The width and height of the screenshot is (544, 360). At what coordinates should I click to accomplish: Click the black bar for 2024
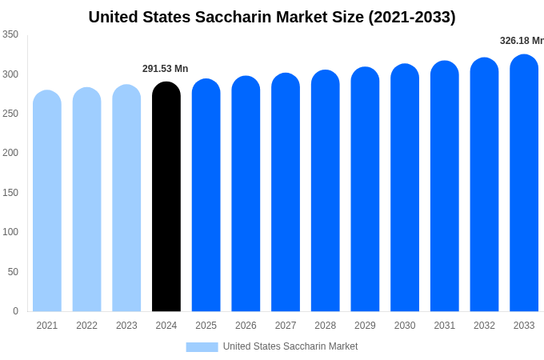coord(166,197)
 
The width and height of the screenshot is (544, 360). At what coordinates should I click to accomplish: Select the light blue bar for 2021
coord(47,201)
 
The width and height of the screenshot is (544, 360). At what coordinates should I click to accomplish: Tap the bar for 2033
coord(524,183)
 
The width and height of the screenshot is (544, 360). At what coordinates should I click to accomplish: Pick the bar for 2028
coord(326,191)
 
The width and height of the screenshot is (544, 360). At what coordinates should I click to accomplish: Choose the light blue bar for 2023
coord(126,198)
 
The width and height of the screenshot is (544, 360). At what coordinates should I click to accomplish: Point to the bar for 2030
coord(405,188)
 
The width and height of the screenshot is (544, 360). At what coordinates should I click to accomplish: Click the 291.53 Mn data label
coord(166,69)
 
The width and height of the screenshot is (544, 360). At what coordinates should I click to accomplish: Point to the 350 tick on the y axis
coord(10,34)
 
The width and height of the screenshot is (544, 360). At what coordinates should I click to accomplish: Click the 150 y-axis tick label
coord(10,193)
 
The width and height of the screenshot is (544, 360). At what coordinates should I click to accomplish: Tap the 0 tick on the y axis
coord(15,311)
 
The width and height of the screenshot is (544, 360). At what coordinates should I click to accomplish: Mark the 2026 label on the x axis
coord(246,326)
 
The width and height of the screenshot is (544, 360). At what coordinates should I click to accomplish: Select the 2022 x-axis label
coord(87,326)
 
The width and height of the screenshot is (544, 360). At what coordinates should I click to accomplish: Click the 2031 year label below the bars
coord(445,326)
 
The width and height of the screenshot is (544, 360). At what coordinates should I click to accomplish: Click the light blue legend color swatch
coord(202,346)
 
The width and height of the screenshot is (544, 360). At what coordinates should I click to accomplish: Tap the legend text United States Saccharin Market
coord(290,346)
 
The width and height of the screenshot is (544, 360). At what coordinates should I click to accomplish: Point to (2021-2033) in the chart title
coord(412,17)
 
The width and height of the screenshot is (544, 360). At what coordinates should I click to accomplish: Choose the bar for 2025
coord(206,195)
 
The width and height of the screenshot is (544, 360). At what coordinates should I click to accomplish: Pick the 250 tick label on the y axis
coord(10,114)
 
